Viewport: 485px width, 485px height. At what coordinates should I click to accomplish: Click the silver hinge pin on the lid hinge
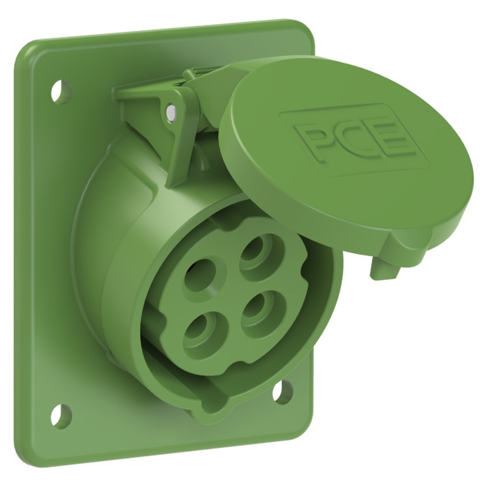171,112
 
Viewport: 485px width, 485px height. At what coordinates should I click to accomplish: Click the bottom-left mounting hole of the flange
61,416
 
